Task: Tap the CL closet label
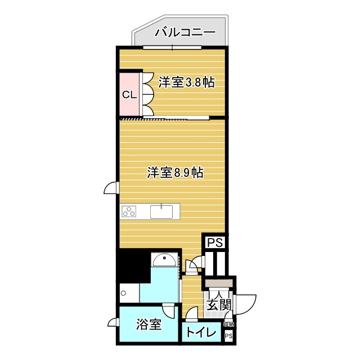(129, 94)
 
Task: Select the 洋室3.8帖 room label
(186, 82)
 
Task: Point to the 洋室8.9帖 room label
(175, 173)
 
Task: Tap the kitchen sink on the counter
(161, 211)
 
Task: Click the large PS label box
(215, 242)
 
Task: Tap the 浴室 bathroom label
(149, 325)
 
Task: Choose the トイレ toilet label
(201, 332)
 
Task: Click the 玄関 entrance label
(219, 305)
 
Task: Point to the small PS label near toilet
(228, 336)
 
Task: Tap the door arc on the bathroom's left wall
(113, 322)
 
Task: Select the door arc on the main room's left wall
(111, 190)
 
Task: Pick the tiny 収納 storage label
(228, 324)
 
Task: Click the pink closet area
(129, 94)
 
